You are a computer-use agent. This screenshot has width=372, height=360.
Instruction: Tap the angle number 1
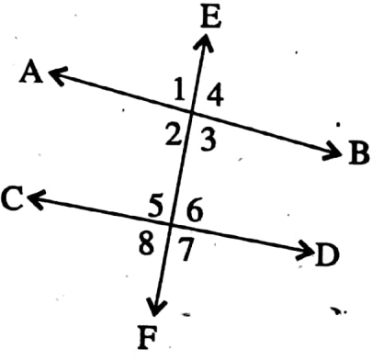pos(180,90)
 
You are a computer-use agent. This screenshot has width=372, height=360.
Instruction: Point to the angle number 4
pos(213,93)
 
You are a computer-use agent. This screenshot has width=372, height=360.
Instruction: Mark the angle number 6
pos(193,208)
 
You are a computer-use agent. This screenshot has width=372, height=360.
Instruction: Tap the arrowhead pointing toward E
pos(203,41)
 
